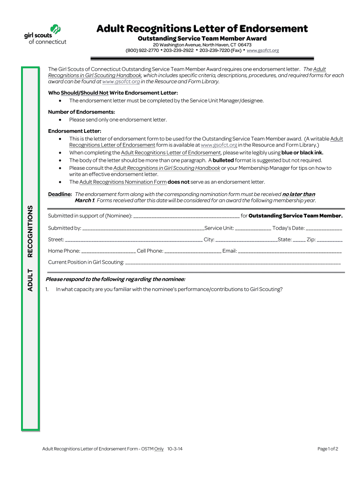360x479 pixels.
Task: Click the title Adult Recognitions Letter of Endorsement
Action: (x=202, y=29)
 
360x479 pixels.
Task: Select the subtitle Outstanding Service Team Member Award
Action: (x=202, y=38)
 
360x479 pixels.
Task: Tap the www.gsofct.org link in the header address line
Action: (x=262, y=51)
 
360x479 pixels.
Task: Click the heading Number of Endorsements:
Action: (x=81, y=112)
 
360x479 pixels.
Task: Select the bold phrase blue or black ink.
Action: (x=302, y=152)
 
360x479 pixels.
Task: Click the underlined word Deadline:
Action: (x=60, y=194)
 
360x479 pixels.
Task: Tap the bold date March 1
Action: (x=85, y=201)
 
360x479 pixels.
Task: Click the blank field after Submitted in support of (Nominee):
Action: (x=187, y=216)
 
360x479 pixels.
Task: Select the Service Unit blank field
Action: (x=253, y=229)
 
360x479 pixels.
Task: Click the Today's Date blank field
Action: (x=324, y=229)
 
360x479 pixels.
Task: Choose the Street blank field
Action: (x=134, y=240)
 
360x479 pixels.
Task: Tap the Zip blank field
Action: (x=330, y=240)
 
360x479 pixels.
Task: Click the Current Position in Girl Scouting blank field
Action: (x=233, y=263)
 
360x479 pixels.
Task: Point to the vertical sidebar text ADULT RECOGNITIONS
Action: (x=30, y=248)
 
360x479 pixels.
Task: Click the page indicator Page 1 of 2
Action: (x=327, y=449)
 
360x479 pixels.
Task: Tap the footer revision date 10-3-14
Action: (x=174, y=449)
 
